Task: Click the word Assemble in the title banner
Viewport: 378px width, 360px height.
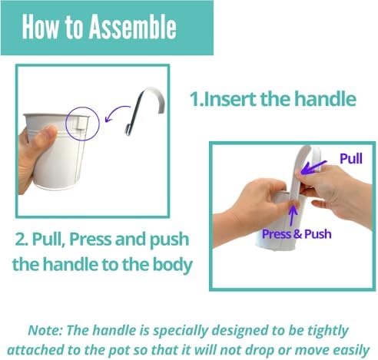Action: (133, 27)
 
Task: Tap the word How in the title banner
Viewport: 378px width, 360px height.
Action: (40, 27)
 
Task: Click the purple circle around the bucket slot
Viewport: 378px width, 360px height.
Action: (65, 124)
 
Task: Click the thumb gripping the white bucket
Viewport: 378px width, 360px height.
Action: (44, 137)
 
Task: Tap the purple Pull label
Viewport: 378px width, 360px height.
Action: (351, 159)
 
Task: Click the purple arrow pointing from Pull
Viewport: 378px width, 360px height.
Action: (313, 167)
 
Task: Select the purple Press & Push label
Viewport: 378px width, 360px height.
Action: (297, 234)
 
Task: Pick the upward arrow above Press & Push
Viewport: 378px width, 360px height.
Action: (293, 216)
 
